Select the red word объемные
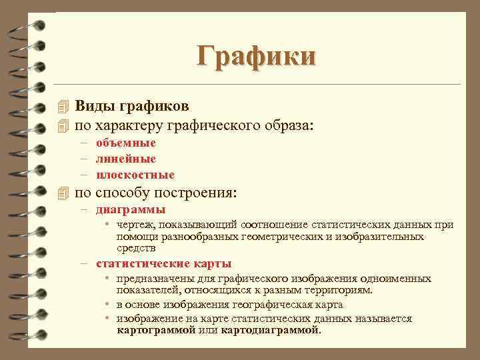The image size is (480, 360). (126, 143)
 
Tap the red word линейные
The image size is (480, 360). (126, 159)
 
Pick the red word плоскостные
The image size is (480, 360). (135, 175)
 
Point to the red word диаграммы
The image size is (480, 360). (131, 209)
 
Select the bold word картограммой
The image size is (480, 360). (158, 329)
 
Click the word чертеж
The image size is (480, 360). (136, 225)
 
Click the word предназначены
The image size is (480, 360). (152, 278)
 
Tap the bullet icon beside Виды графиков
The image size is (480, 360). (64, 107)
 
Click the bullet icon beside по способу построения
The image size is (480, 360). (64, 194)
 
